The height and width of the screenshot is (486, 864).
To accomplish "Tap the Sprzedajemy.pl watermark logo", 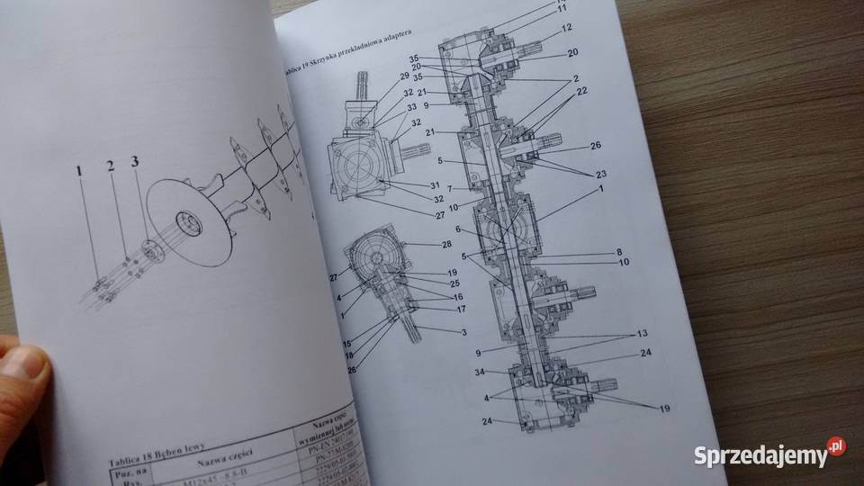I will pyautogui.click(x=769, y=454).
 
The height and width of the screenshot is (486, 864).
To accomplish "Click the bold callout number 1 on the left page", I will pyautogui.click(x=79, y=168).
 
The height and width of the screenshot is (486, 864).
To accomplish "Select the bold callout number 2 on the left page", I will pyautogui.click(x=110, y=166).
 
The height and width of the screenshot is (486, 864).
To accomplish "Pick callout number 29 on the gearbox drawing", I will pyautogui.click(x=379, y=78).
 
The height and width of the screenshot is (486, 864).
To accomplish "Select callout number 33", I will pyautogui.click(x=385, y=107).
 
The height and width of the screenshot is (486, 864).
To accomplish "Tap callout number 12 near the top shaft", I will pyautogui.click(x=566, y=28).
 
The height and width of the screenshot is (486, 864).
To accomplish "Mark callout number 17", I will pyautogui.click(x=436, y=310).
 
